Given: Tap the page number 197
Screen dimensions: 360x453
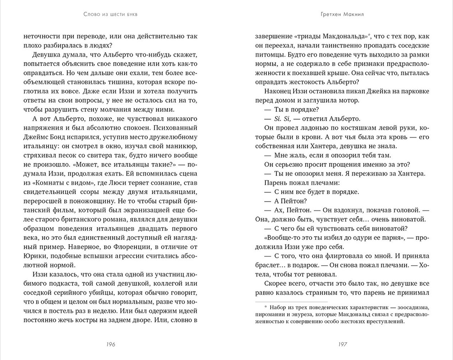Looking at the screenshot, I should pos(342,344).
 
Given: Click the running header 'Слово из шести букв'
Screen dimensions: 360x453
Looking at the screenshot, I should pos(111,14).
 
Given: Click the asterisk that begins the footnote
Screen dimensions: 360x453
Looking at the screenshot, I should pos(266,307).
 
